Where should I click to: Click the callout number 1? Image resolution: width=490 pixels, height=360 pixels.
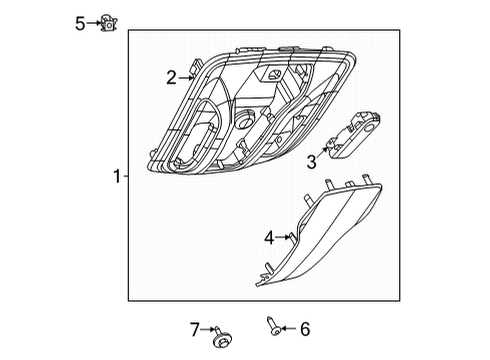[x=117, y=177]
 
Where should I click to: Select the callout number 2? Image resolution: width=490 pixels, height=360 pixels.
[x=171, y=77]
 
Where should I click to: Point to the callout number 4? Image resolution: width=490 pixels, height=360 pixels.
[x=269, y=238]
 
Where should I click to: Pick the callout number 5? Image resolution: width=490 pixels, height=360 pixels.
[x=80, y=22]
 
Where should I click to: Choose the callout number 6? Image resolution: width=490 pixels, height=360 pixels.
[x=305, y=327]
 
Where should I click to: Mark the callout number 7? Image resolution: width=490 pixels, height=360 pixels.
[x=196, y=328]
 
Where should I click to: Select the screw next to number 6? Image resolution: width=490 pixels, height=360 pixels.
[x=273, y=324]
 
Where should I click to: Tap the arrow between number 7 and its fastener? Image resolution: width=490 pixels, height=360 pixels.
[x=208, y=329]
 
